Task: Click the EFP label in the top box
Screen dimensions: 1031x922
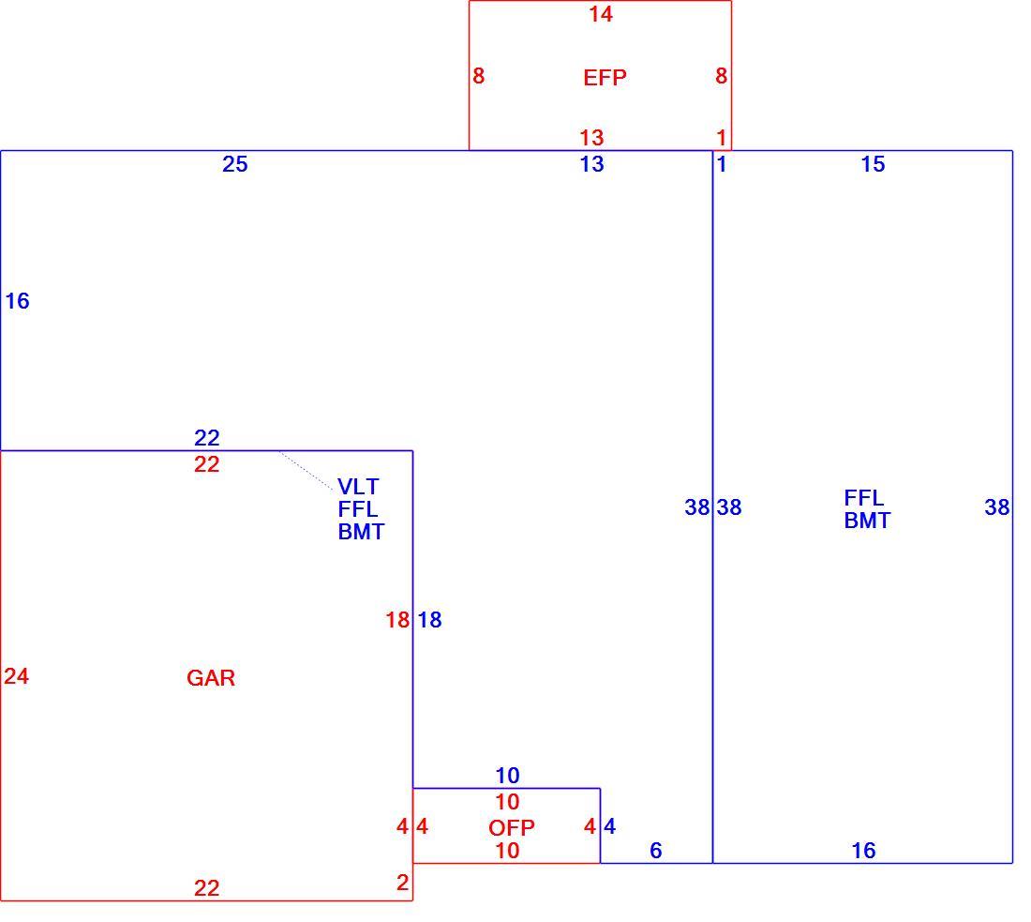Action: click(605, 78)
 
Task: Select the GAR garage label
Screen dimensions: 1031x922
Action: click(210, 678)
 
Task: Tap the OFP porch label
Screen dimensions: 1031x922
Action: click(511, 827)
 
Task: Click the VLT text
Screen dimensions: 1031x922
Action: click(358, 487)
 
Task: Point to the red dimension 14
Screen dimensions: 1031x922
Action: click(600, 14)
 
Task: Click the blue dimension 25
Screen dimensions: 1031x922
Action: click(234, 164)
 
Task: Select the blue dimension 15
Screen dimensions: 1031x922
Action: click(873, 164)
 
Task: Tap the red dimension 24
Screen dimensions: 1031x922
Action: click(17, 676)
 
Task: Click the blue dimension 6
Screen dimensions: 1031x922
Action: click(655, 851)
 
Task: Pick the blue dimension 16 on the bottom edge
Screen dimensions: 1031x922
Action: click(863, 851)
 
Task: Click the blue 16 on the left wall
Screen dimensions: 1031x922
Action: click(17, 301)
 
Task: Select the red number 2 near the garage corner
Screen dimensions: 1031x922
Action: click(402, 883)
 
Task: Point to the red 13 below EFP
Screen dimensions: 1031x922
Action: click(591, 138)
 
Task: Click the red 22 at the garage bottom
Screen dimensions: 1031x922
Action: click(206, 888)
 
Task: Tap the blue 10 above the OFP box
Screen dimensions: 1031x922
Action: click(507, 776)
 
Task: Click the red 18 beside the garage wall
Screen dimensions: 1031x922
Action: click(397, 620)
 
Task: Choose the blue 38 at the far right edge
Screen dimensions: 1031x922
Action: click(997, 506)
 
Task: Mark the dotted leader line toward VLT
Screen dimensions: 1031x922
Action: click(306, 471)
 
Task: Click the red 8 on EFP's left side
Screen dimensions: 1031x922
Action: click(478, 76)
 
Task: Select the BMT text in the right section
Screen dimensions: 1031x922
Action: click(867, 521)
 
